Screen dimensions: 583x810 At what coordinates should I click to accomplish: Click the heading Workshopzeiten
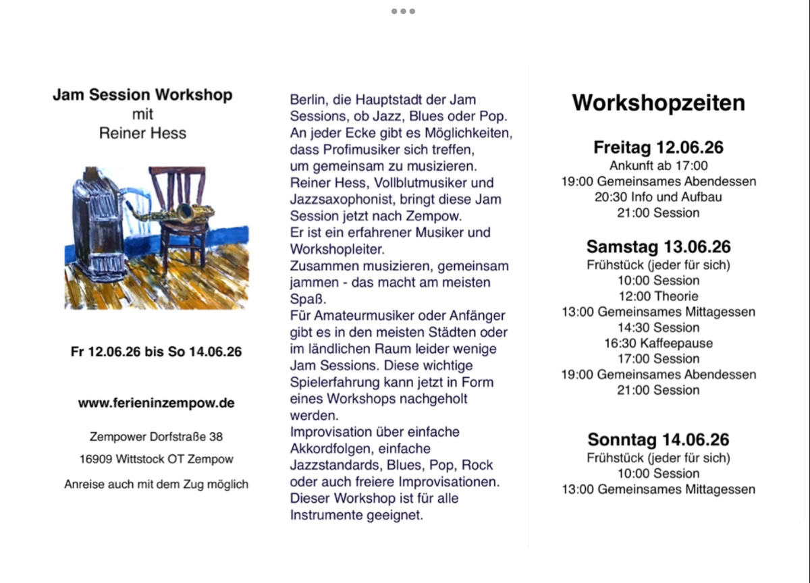click(x=658, y=103)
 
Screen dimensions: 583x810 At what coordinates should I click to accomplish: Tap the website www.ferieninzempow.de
click(x=156, y=404)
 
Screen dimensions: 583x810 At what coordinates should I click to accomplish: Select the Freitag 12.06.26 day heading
click(x=658, y=147)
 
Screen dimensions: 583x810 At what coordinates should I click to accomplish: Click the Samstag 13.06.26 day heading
click(x=658, y=246)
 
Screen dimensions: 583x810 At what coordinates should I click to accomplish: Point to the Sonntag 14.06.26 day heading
click(x=658, y=440)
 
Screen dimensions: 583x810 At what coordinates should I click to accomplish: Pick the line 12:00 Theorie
click(x=658, y=296)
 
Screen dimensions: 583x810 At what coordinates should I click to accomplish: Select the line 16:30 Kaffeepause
click(x=658, y=343)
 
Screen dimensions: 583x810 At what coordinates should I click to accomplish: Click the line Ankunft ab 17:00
click(x=658, y=165)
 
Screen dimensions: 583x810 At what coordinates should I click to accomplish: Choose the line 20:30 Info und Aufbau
click(x=658, y=197)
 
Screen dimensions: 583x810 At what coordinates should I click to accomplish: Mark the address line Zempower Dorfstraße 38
click(x=156, y=437)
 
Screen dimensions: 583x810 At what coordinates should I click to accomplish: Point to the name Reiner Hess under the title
click(x=142, y=133)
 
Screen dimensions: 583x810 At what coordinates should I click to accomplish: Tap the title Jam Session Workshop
click(x=142, y=94)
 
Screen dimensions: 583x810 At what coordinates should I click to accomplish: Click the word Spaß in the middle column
click(x=304, y=299)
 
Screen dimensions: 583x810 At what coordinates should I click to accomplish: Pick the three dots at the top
click(x=403, y=11)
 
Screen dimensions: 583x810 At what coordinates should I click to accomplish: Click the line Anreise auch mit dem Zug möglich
click(x=156, y=484)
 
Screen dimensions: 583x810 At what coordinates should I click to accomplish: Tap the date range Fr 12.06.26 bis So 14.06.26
click(x=156, y=352)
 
